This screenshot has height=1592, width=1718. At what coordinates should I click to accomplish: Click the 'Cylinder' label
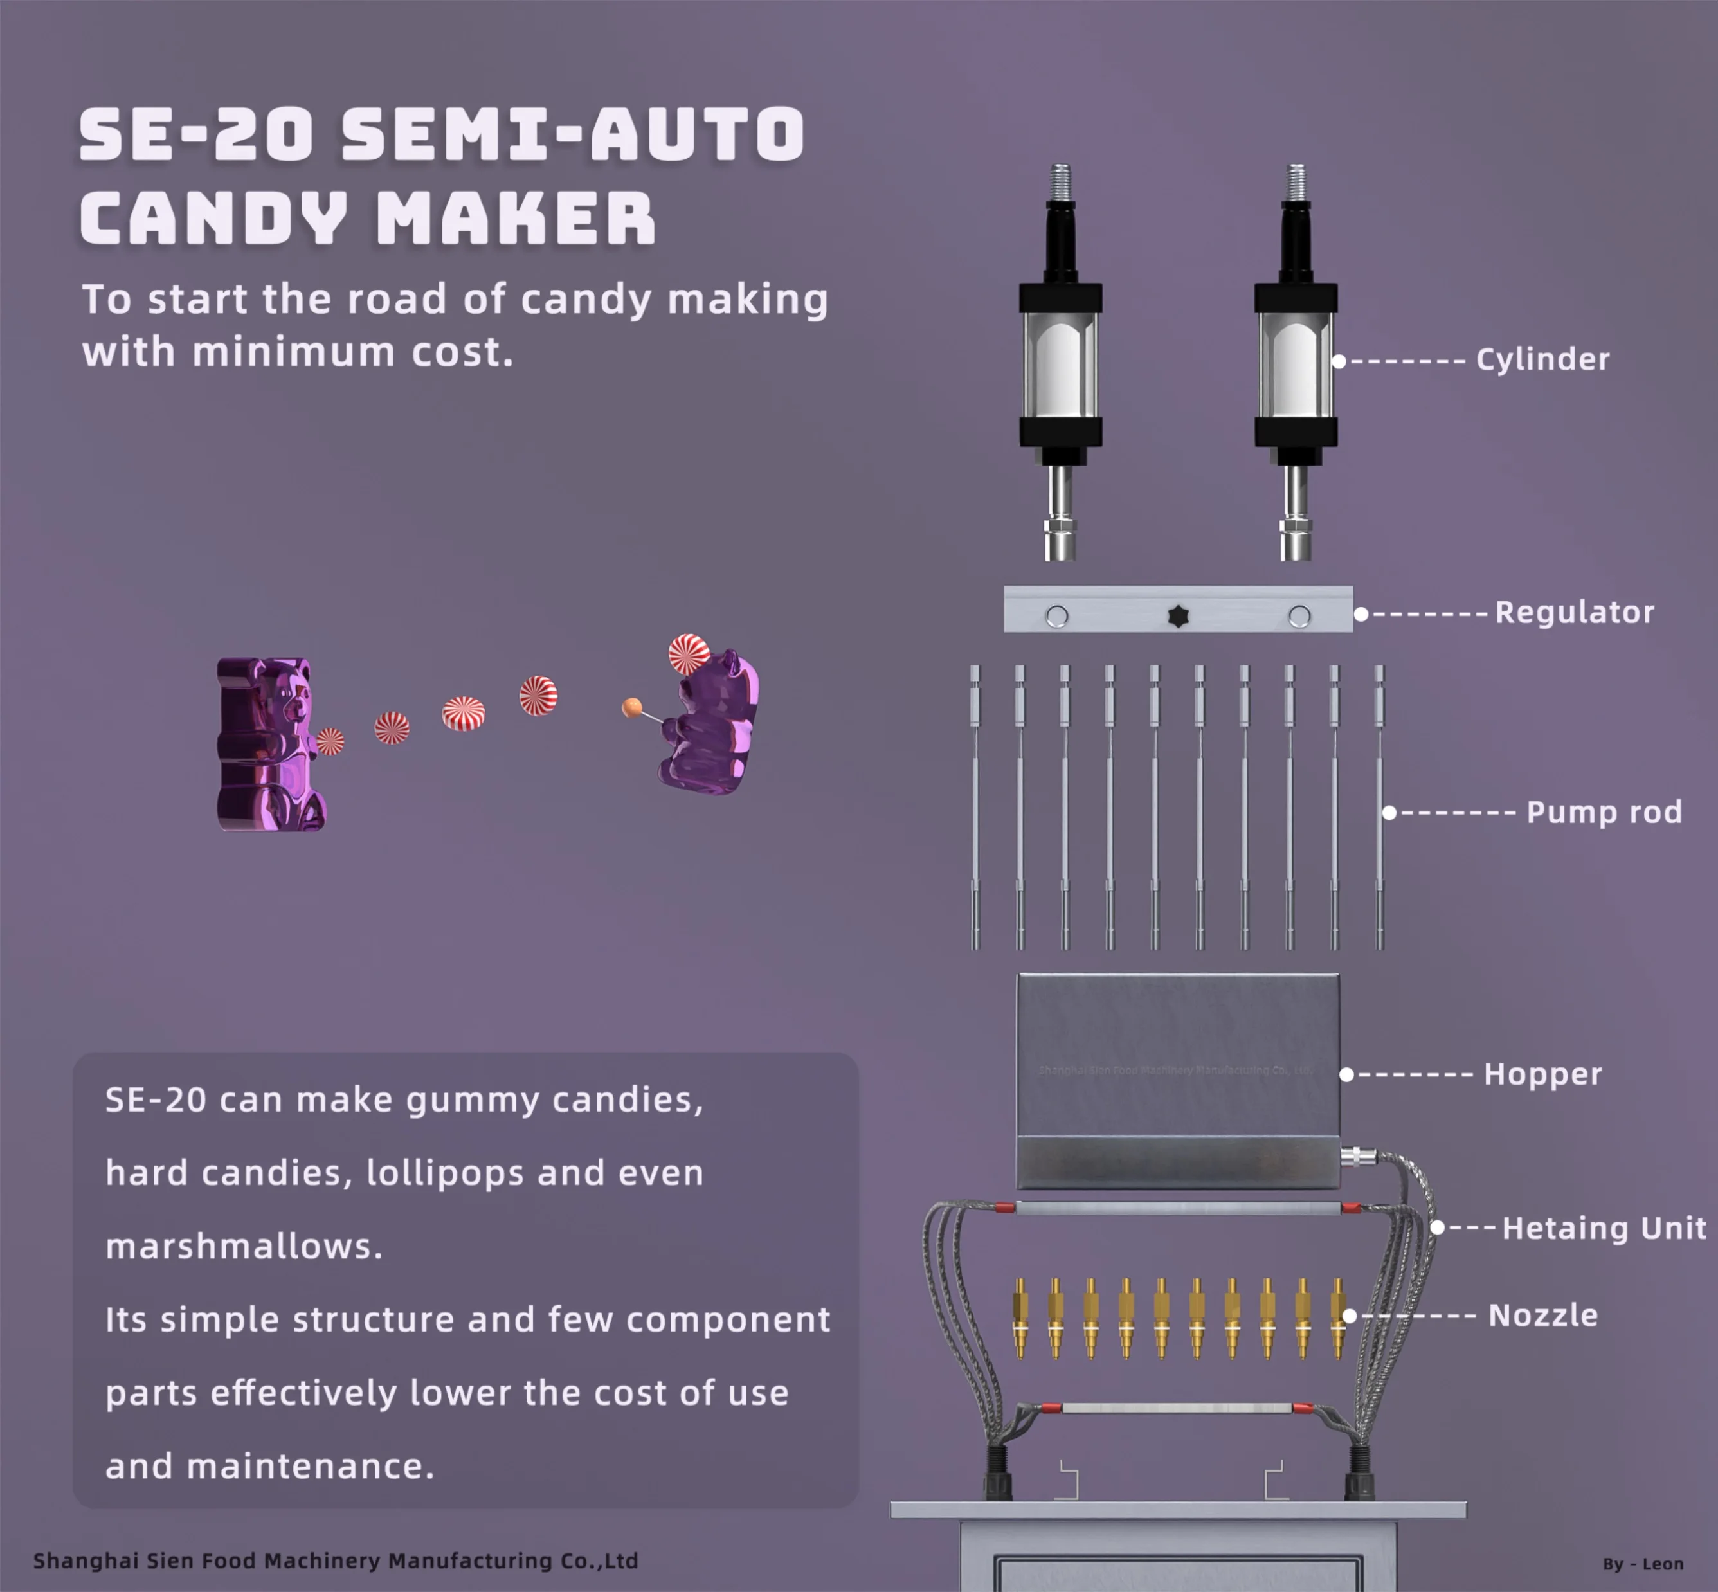tap(1542, 359)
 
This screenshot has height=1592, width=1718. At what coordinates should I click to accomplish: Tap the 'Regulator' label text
tap(1574, 613)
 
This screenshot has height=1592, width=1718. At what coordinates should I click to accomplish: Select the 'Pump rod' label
tap(1604, 811)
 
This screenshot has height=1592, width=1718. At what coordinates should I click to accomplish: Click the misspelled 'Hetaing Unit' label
tap(1604, 1227)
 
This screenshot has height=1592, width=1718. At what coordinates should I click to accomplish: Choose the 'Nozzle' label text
tap(1543, 1316)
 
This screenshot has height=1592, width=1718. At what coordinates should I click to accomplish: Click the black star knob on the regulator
tap(1178, 616)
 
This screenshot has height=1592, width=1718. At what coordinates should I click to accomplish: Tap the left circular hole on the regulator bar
tap(1057, 616)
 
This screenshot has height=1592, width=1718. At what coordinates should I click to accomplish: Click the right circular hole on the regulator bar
tap(1299, 616)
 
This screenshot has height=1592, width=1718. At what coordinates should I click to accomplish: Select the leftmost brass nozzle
tap(1021, 1317)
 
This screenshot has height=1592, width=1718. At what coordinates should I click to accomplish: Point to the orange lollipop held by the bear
tap(631, 708)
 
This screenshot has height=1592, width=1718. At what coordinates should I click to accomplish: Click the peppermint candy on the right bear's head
tap(689, 654)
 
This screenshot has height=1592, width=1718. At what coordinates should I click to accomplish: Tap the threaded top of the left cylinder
tap(1061, 181)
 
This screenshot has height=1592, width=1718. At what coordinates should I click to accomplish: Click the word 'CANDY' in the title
tap(213, 218)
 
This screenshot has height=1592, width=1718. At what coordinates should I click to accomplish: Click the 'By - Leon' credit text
tap(1642, 1564)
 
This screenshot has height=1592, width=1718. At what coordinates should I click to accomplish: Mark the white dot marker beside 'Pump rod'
tap(1389, 812)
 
